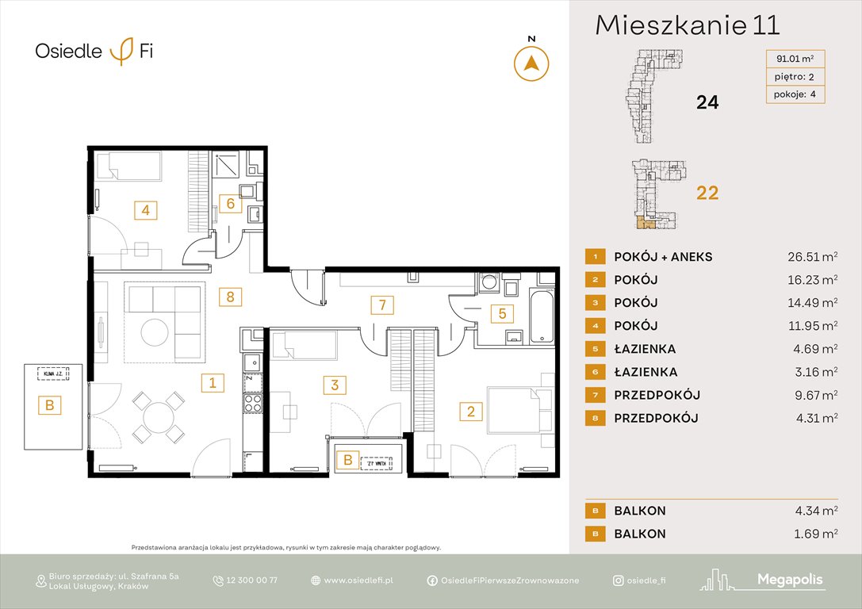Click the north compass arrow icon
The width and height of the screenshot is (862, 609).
click(x=532, y=63)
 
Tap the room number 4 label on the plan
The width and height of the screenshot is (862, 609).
click(x=145, y=210)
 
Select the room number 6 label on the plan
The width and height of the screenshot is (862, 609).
click(x=230, y=204)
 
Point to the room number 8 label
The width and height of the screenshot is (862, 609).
click(x=230, y=297)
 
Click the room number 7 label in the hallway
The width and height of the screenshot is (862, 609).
click(x=381, y=304)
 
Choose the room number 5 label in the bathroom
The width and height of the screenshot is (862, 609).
click(x=501, y=313)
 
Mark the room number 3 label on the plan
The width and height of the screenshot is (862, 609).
click(x=335, y=385)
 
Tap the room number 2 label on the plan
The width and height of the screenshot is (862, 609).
click(x=471, y=411)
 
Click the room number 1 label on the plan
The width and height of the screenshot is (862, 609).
click(x=212, y=383)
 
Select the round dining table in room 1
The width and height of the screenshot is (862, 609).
click(x=160, y=416)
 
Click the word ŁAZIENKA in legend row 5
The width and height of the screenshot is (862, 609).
click(x=645, y=349)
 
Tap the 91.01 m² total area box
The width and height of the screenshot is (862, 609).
click(x=795, y=58)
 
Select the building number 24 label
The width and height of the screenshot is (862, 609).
click(x=707, y=102)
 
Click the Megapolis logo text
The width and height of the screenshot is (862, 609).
click(x=789, y=580)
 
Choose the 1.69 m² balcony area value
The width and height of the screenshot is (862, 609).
click(x=808, y=534)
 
